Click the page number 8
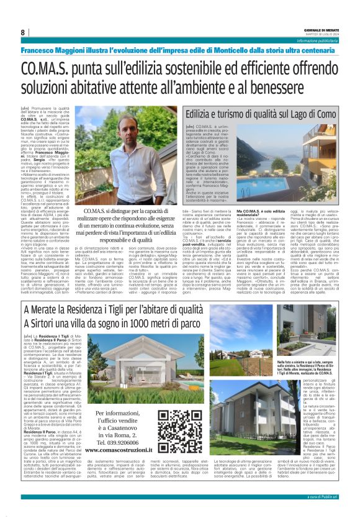pyautogui.click(x=22, y=32)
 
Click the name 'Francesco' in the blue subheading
pyautogui.click(x=40, y=50)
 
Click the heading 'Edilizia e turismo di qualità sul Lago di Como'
pyautogui.click(x=261, y=114)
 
